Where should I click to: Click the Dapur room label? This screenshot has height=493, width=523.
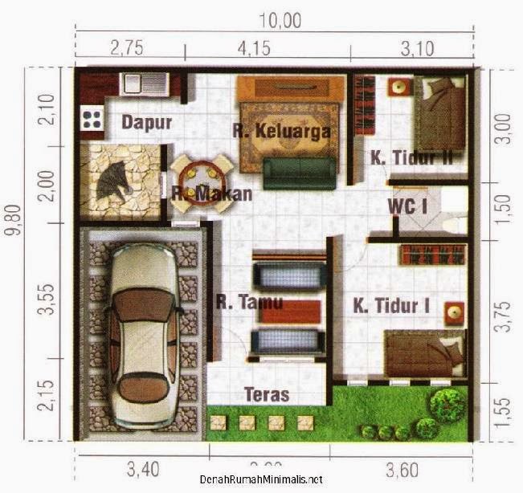(147, 122)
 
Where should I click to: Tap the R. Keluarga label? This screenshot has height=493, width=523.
(281, 132)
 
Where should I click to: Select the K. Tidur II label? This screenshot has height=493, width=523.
(411, 158)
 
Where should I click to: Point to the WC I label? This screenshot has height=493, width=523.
(407, 206)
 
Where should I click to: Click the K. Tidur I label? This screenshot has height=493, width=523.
(391, 305)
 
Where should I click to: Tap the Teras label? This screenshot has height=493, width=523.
(267, 395)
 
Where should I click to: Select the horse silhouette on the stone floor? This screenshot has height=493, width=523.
(115, 179)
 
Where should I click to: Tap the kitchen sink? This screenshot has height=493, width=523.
(143, 82)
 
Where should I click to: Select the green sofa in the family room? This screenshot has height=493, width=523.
(299, 169)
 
